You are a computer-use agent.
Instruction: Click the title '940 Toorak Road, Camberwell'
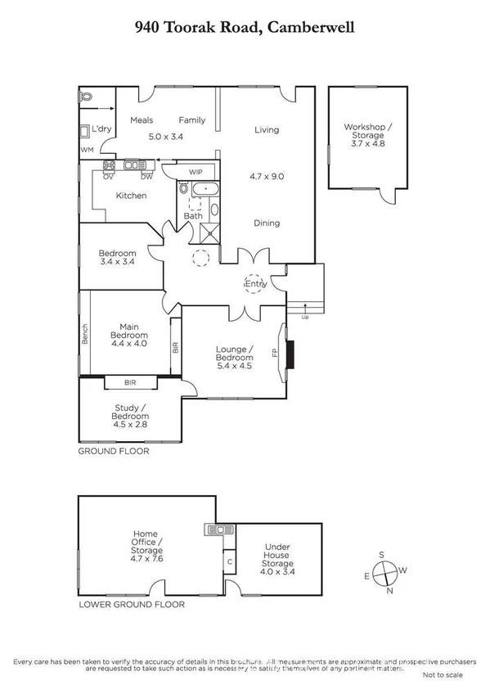[x=245, y=27]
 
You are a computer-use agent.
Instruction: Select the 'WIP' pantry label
[x=196, y=172]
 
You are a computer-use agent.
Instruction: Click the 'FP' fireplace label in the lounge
[x=275, y=354]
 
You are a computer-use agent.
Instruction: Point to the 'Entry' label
[x=257, y=284]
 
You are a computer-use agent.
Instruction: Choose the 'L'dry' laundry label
[x=101, y=128]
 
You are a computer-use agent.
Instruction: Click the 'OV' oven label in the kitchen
[x=108, y=176]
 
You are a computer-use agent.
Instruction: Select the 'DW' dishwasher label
[x=146, y=176]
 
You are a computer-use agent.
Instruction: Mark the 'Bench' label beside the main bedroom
[x=84, y=334]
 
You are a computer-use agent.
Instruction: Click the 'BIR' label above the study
[x=132, y=381]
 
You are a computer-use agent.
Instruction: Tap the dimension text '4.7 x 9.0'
[x=265, y=175]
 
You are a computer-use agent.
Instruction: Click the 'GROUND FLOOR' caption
[x=114, y=451]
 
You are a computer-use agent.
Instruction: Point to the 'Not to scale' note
[x=443, y=675]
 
